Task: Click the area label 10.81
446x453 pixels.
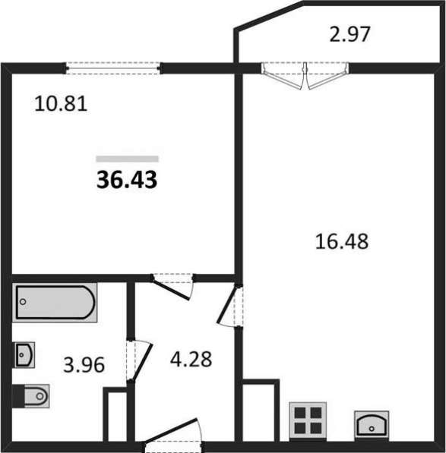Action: click(61, 104)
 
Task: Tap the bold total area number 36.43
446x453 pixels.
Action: click(127, 180)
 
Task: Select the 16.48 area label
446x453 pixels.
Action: click(342, 241)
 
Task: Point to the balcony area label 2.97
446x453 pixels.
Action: click(350, 34)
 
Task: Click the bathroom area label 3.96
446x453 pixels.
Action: click(84, 365)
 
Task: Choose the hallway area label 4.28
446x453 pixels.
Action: click(191, 360)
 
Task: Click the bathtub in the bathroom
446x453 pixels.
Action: click(55, 302)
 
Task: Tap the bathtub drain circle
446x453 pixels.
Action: click(23, 302)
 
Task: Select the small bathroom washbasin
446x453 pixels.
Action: click(24, 355)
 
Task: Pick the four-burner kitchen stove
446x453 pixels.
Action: click(308, 420)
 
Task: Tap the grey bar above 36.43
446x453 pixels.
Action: click(127, 159)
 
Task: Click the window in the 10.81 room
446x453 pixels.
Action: click(112, 68)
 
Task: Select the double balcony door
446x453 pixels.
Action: click(305, 76)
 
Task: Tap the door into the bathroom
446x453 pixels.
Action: click(139, 361)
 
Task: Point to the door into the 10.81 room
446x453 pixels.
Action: click(173, 286)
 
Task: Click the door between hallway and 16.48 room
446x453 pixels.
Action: click(230, 306)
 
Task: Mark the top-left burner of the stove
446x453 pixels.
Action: click(300, 413)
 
